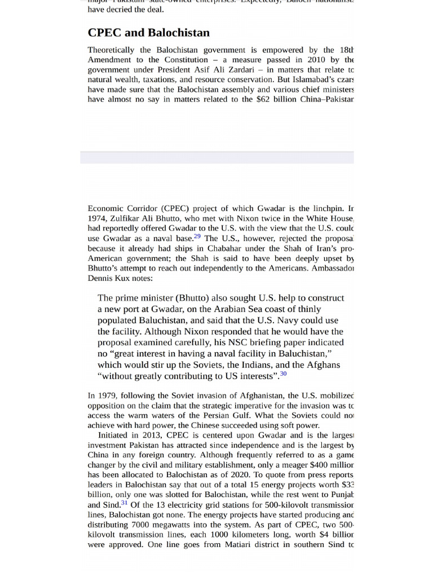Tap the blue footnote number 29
click(197, 236)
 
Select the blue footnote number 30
click(283, 373)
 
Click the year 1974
click(96, 218)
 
